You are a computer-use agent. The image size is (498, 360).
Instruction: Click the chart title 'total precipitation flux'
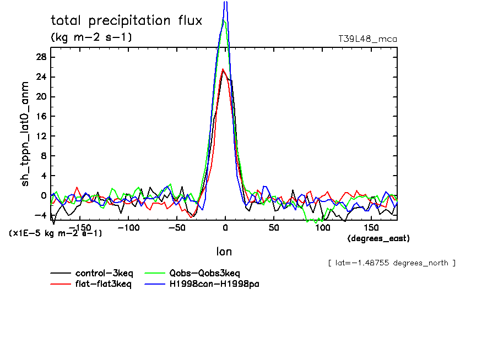pos(127,21)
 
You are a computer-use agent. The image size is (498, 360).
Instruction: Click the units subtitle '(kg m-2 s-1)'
pos(91,37)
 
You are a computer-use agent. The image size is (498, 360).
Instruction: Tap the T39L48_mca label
pos(367,39)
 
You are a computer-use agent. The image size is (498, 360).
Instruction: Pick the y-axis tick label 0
pos(44,195)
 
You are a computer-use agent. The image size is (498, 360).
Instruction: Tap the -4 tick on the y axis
pos(41,215)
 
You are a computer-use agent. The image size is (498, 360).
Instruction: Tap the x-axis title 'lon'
pos(224,252)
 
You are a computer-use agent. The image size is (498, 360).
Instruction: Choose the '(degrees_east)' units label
pos(378,238)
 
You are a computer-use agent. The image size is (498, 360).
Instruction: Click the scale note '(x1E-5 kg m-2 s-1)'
pos(56,233)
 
